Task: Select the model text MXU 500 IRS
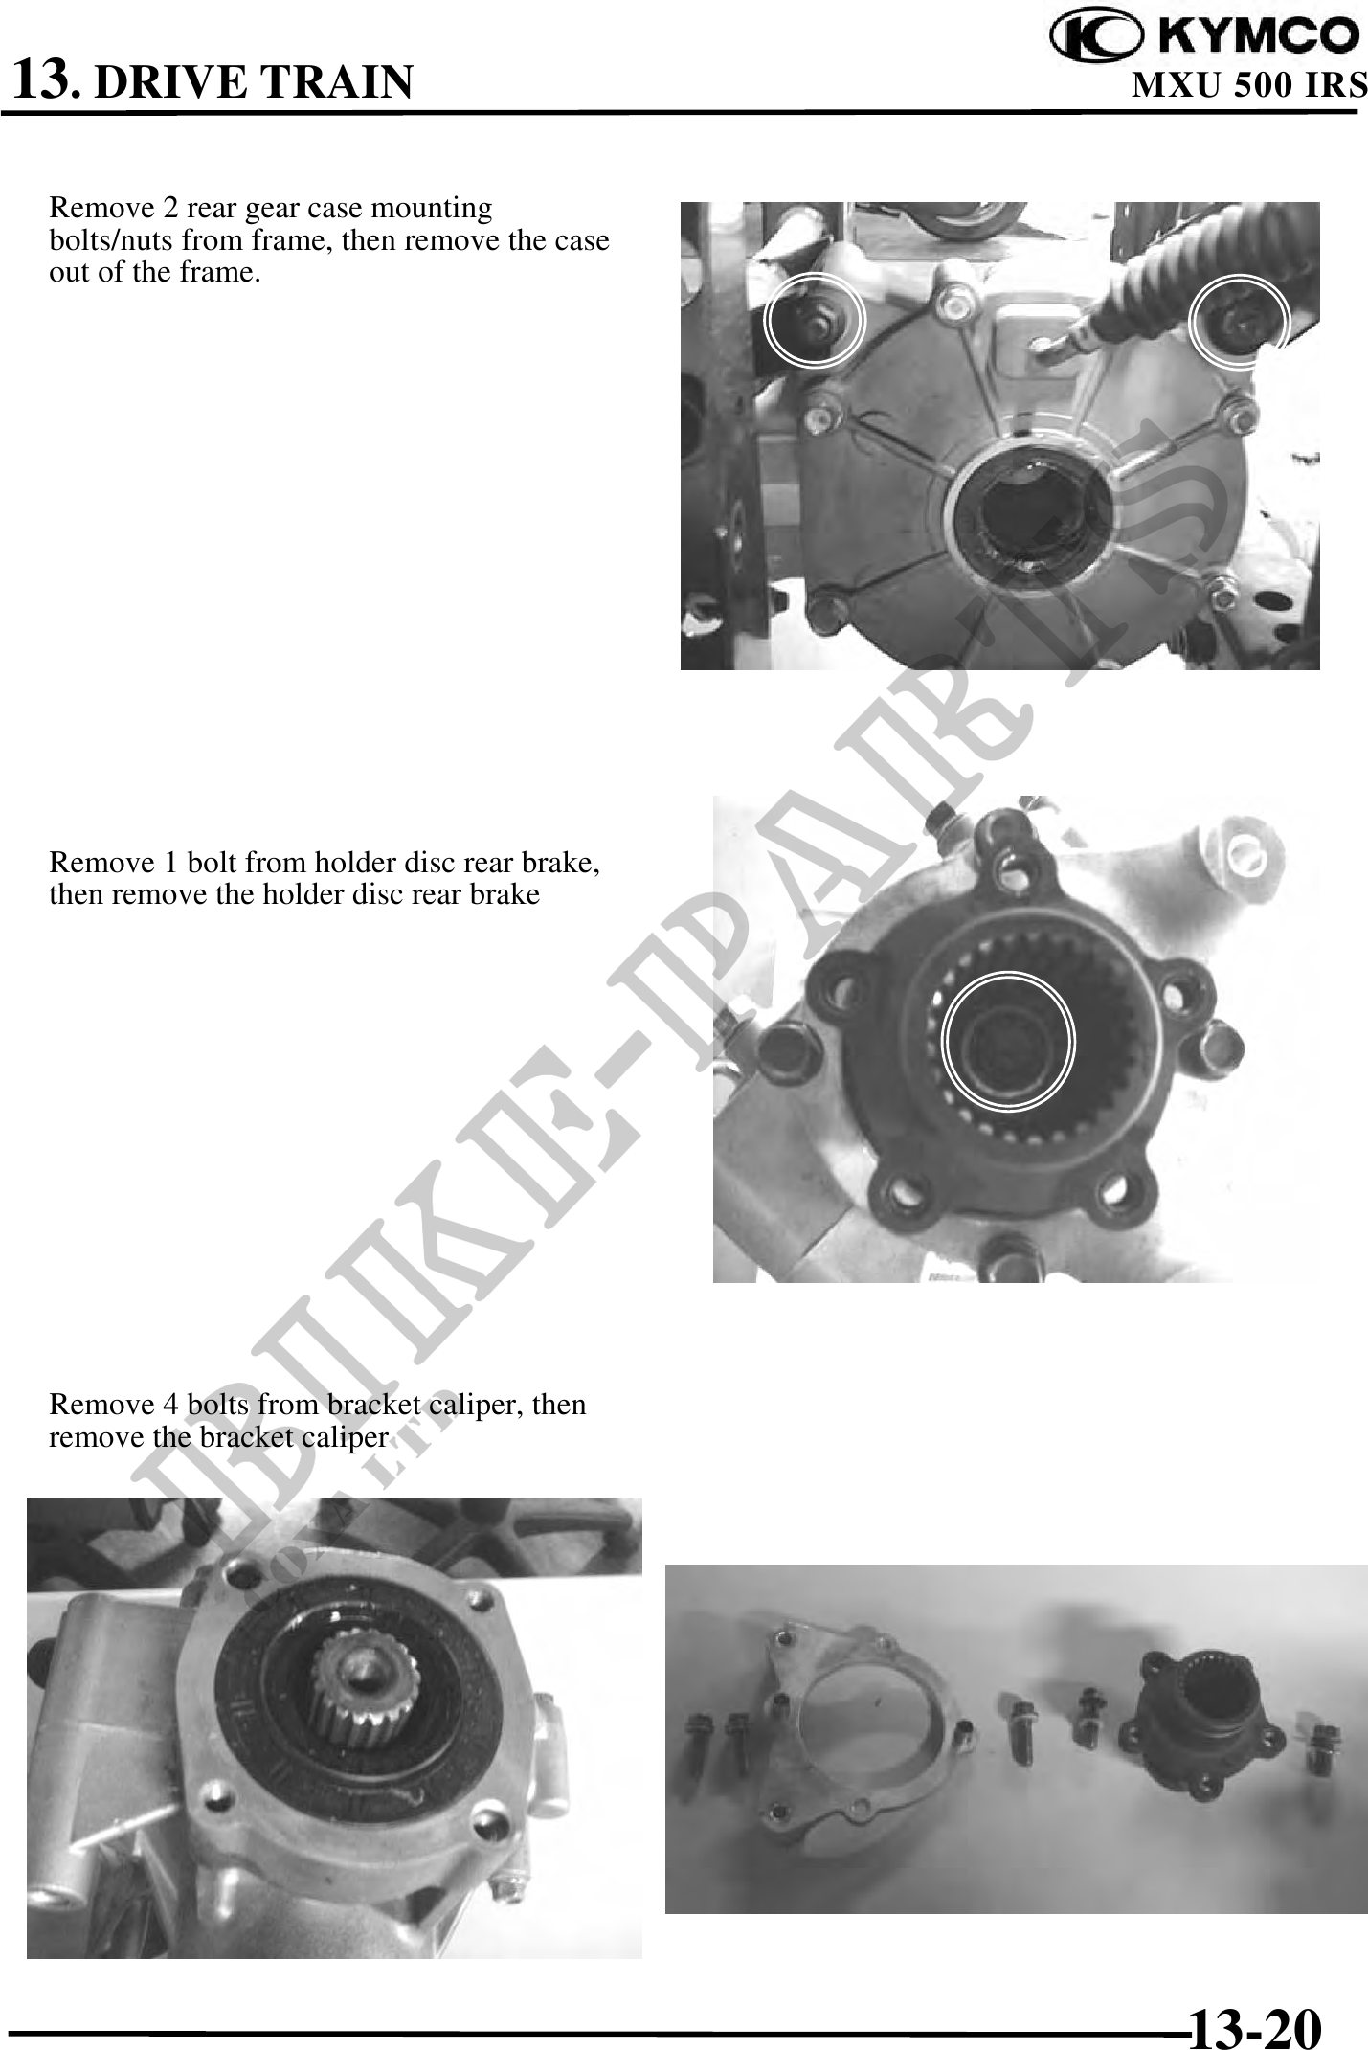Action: pos(1249,85)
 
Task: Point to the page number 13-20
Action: pos(1255,2000)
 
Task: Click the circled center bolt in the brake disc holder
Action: pos(1008,1041)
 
